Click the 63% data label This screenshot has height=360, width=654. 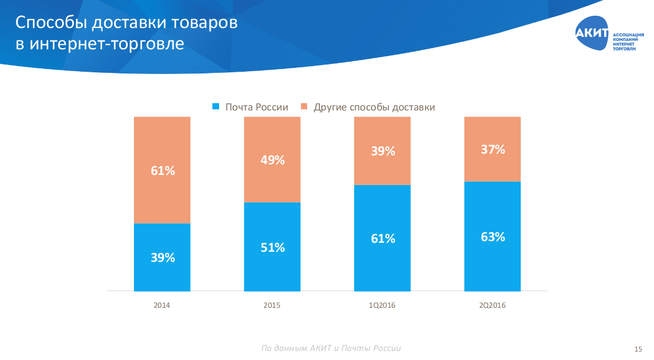click(493, 237)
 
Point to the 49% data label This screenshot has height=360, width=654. click(272, 160)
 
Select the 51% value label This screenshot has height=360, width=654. click(272, 247)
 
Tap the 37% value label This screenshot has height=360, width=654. click(493, 150)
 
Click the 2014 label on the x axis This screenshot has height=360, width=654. click(162, 306)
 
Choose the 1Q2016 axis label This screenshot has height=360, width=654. click(382, 306)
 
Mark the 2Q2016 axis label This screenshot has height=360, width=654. click(493, 306)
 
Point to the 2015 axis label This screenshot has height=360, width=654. click(272, 306)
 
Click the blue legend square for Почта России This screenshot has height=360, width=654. click(215, 107)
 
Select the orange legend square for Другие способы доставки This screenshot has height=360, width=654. click(304, 107)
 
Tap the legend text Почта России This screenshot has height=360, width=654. click(257, 107)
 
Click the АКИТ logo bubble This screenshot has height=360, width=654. click(592, 34)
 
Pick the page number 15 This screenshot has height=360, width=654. click(638, 349)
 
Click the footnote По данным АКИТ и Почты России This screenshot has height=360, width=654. click(331, 348)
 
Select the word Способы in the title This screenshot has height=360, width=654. click(50, 23)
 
